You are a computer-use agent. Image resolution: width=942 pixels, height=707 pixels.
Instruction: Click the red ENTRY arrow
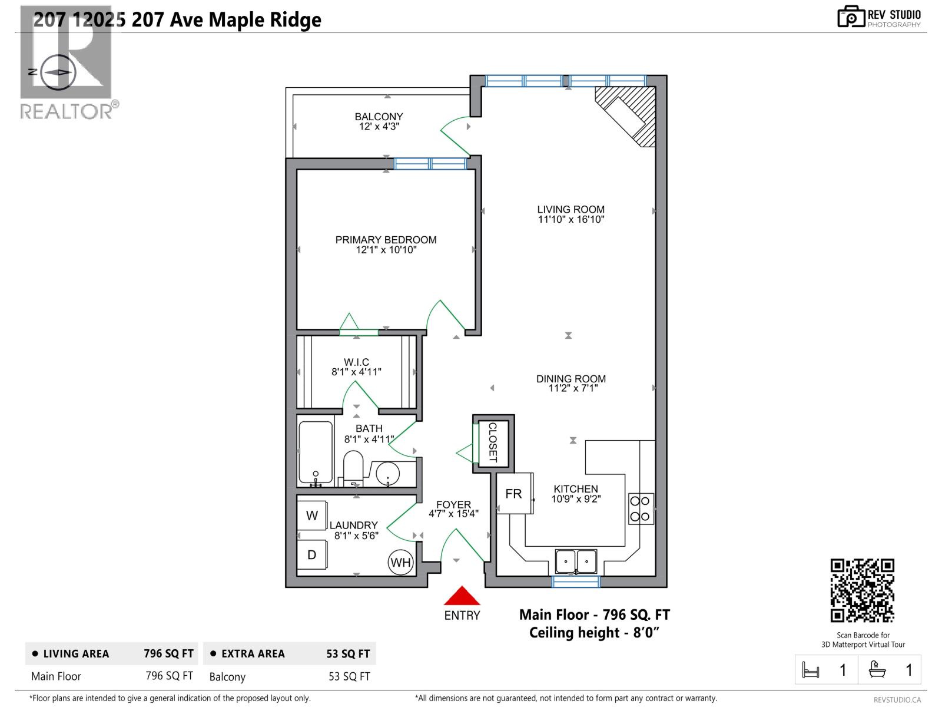click(x=462, y=596)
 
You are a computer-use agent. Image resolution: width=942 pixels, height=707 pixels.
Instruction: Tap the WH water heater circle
click(x=400, y=563)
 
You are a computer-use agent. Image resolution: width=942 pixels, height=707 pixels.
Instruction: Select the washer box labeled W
click(x=312, y=516)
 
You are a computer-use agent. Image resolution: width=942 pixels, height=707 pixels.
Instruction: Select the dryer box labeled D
click(x=312, y=555)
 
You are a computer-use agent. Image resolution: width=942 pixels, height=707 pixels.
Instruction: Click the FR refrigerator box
click(x=514, y=494)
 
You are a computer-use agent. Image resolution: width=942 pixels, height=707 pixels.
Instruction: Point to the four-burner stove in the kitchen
click(x=641, y=508)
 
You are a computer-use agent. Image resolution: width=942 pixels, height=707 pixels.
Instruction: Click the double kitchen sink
click(x=576, y=561)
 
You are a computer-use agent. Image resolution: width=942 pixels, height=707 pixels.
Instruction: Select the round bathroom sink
click(x=388, y=473)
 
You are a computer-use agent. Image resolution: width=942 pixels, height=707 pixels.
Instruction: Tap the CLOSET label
click(x=493, y=442)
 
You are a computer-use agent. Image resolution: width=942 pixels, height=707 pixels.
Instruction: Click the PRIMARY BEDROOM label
click(x=386, y=240)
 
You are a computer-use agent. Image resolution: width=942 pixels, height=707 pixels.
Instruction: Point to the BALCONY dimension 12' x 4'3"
click(x=379, y=127)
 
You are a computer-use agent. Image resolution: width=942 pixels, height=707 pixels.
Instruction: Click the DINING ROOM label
click(x=570, y=379)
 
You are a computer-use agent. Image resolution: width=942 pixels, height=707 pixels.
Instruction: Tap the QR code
click(x=863, y=590)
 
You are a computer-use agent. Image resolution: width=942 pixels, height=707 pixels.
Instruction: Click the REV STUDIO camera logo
click(x=850, y=17)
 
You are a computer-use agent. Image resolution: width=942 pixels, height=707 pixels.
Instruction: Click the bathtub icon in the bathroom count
click(x=877, y=670)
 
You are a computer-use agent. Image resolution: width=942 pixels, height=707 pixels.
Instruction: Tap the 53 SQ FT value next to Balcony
click(x=349, y=676)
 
